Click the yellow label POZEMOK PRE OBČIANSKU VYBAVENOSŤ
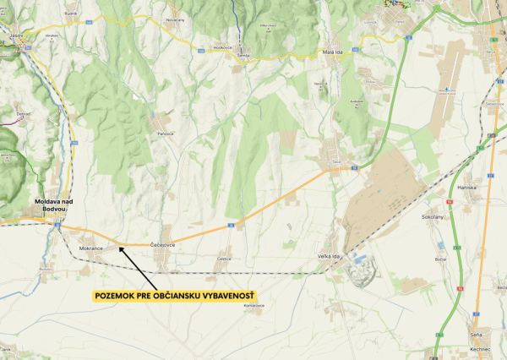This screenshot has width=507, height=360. point(174,296)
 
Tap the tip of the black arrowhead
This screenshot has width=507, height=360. point(119,246)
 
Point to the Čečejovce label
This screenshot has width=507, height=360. point(161,244)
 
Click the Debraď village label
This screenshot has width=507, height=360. point(23,112)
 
